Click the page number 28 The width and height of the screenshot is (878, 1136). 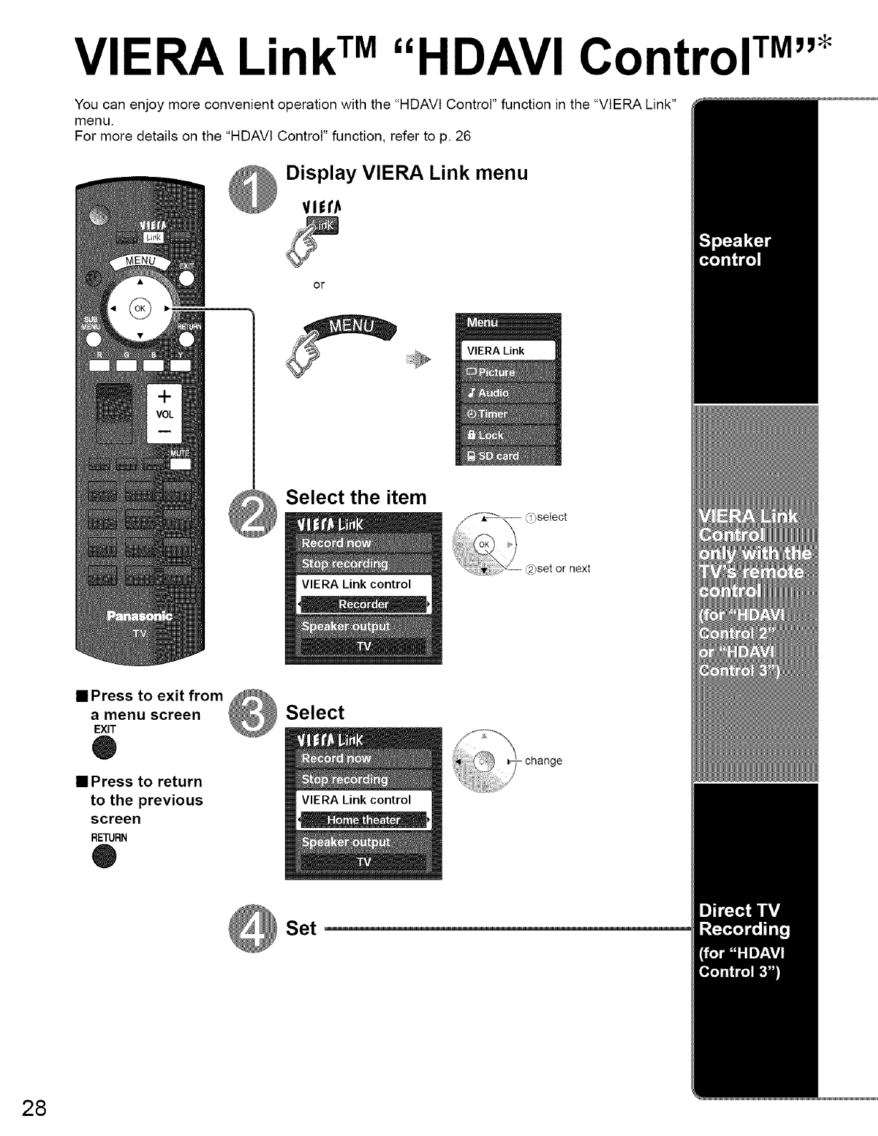tap(34, 1107)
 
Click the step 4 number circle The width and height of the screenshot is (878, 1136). tap(251, 932)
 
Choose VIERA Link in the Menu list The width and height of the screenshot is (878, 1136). tap(507, 350)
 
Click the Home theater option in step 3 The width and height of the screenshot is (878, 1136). tap(363, 820)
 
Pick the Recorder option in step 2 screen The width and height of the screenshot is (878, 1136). tap(363, 605)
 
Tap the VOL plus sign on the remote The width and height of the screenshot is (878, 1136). tap(164, 395)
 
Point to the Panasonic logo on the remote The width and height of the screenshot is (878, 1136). tap(140, 616)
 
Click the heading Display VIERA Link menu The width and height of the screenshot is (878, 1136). tap(406, 173)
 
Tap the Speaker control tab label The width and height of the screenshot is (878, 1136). tap(735, 250)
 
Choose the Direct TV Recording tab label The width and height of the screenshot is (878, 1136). tap(745, 920)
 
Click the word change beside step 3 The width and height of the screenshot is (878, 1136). tap(544, 761)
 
